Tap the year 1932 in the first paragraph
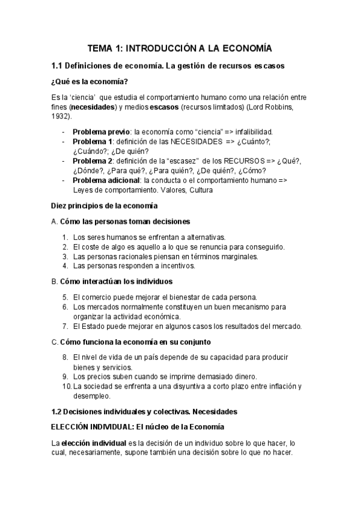pyautogui.click(x=61, y=116)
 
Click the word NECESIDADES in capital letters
pyautogui.click(x=191, y=141)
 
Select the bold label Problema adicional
pyautogui.click(x=106, y=180)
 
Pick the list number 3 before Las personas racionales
pyautogui.click(x=65, y=256)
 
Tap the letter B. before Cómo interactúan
pyautogui.click(x=55, y=281)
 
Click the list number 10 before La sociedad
pyautogui.click(x=66, y=386)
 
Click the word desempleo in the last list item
pyautogui.click(x=93, y=396)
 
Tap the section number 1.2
pyautogui.click(x=58, y=411)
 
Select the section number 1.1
pyautogui.click(x=59, y=66)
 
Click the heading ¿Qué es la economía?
pyautogui.click(x=90, y=82)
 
